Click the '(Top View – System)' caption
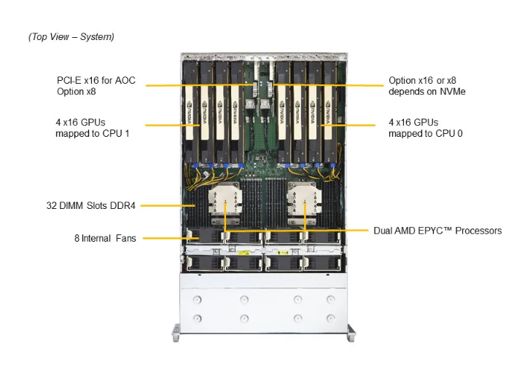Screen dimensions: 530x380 [71, 37]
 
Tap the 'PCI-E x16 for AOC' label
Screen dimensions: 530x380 [96, 80]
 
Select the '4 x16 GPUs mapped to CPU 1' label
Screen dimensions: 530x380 [93, 128]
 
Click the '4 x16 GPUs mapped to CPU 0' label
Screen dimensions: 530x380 [426, 128]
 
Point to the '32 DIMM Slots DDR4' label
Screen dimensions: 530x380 [90, 205]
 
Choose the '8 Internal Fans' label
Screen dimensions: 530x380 [105, 238]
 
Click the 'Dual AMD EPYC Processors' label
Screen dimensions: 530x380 [437, 231]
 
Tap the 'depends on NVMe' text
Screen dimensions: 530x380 [427, 92]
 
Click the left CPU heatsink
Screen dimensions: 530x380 [225, 202]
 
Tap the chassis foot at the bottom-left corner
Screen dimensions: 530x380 [176, 333]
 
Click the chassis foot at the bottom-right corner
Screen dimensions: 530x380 [351, 333]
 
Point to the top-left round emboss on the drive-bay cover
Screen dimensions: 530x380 [197, 299]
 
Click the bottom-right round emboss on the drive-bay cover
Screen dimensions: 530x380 [330, 318]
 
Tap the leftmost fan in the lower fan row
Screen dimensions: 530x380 [204, 264]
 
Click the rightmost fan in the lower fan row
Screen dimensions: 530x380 [322, 264]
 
